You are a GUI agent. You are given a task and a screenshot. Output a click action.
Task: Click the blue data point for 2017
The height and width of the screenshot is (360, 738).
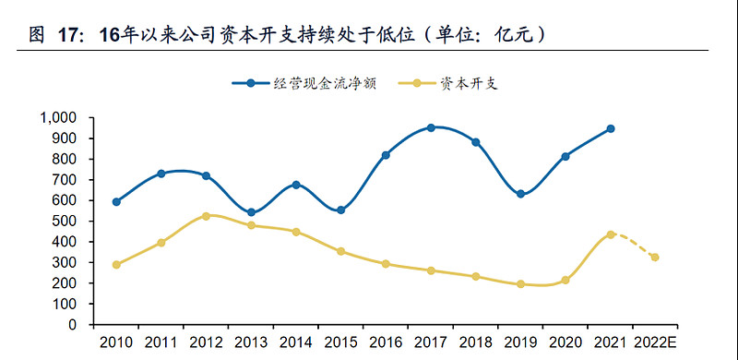click(431, 127)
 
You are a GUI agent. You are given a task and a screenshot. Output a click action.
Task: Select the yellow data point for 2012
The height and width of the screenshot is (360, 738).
click(206, 216)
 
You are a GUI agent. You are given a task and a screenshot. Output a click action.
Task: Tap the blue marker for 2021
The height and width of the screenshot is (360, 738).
click(611, 129)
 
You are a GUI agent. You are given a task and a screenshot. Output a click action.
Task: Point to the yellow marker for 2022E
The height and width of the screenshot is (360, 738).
click(655, 258)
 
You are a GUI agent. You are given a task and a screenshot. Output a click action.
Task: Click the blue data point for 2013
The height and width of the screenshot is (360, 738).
click(251, 212)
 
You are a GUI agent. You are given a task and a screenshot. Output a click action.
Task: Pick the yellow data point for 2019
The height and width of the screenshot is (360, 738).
click(520, 284)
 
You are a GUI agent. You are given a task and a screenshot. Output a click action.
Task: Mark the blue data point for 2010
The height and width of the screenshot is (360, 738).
click(116, 201)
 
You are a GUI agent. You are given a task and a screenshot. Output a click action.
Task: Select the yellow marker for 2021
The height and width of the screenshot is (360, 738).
click(611, 234)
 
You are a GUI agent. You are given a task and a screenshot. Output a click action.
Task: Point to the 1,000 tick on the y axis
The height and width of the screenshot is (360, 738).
click(61, 118)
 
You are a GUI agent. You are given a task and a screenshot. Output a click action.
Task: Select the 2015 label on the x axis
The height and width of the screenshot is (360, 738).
click(340, 342)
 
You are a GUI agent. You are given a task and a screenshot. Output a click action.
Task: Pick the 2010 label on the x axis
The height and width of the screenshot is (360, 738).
click(116, 342)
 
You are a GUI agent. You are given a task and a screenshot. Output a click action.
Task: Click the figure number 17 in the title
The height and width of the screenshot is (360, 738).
click(70, 35)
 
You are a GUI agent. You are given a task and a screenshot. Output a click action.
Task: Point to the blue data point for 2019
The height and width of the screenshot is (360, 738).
click(520, 194)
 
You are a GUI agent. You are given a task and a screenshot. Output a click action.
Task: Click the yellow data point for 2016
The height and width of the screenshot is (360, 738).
click(386, 264)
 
